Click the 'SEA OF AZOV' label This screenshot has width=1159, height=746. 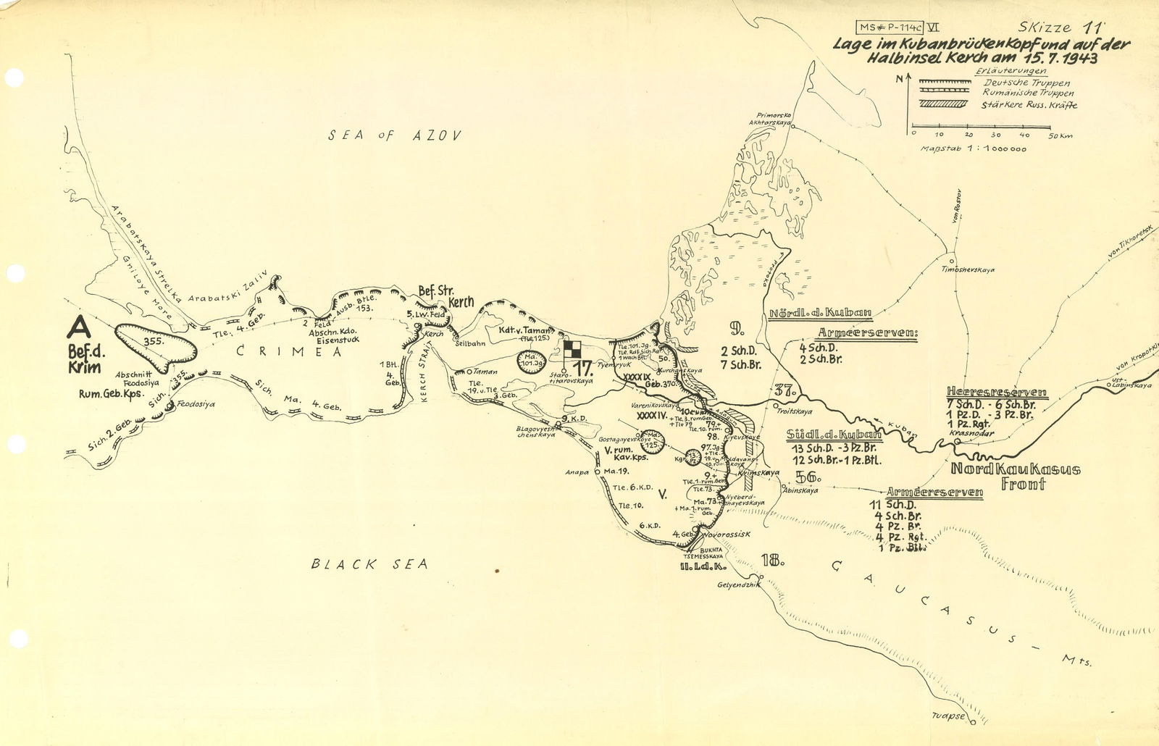(x=394, y=135)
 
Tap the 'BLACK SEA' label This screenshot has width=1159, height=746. (x=369, y=563)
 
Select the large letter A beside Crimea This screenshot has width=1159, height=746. (x=78, y=327)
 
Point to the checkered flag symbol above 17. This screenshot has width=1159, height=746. (x=572, y=348)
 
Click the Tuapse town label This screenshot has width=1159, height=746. (x=949, y=716)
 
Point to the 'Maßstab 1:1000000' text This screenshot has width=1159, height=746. (x=973, y=148)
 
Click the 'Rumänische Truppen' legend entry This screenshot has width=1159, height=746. (x=1028, y=93)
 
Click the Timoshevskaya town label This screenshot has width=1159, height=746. (x=968, y=269)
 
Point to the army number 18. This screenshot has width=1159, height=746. (x=773, y=559)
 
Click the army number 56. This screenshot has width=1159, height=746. (x=807, y=477)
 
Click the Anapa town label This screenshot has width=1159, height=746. (x=577, y=472)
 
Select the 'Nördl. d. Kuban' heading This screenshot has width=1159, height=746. (x=819, y=314)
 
